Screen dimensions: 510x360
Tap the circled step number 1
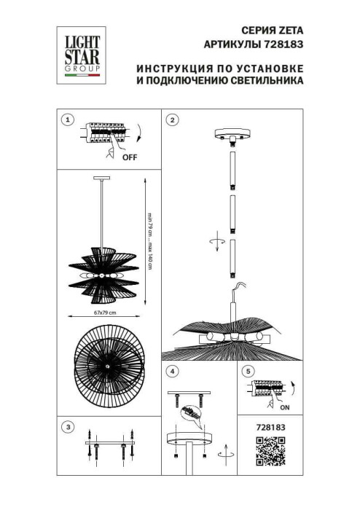click(x=68, y=120)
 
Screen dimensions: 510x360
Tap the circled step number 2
click(x=173, y=120)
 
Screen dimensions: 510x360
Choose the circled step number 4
click(x=173, y=372)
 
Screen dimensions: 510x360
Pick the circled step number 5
click(x=251, y=372)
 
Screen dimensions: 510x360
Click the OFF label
click(x=129, y=157)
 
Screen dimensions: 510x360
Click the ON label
click(x=285, y=407)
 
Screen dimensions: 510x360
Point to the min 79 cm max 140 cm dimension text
click(x=150, y=237)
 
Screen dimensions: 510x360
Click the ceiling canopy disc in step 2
click(x=232, y=136)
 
